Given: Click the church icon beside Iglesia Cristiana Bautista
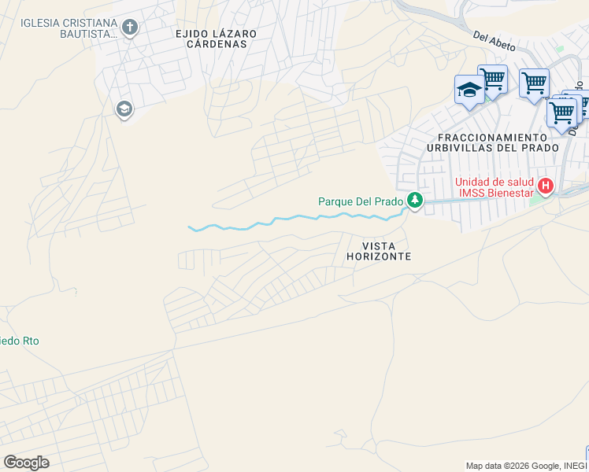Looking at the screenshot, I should click(131, 29).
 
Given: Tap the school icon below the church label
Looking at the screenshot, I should click(124, 109).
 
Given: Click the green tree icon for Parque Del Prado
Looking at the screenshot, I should click(414, 201).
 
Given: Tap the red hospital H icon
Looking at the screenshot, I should click(546, 186).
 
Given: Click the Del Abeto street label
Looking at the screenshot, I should click(495, 42).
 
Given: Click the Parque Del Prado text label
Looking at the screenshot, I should click(361, 201).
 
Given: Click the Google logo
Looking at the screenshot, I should click(26, 462).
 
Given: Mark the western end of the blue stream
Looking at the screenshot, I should click(190, 227).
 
